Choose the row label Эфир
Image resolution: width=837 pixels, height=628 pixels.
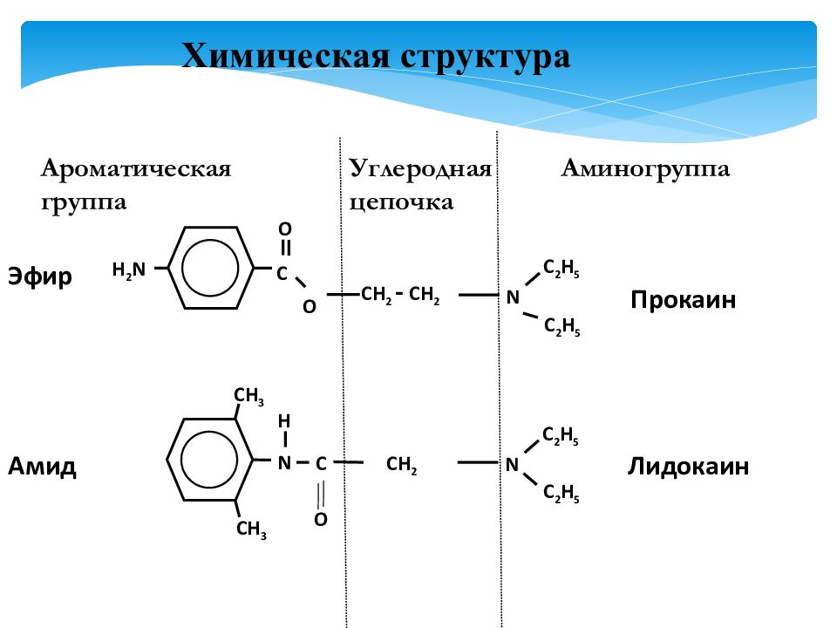[x=39, y=277]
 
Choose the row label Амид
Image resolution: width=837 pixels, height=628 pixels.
[x=42, y=466]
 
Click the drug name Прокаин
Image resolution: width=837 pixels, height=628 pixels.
[x=683, y=299]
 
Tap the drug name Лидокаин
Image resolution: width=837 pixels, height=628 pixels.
[x=688, y=466]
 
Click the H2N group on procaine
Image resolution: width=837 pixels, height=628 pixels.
[x=129, y=270]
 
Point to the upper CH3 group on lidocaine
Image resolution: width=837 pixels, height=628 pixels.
[x=248, y=396]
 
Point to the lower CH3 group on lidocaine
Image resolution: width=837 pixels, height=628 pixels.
[x=251, y=529]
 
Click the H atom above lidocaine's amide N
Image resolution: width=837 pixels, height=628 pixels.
[x=284, y=421]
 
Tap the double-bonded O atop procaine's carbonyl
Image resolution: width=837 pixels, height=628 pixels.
[x=285, y=229]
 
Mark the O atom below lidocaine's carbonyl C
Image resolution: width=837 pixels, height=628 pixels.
[x=320, y=519]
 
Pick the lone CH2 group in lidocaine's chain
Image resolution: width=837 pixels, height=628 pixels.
[x=401, y=465]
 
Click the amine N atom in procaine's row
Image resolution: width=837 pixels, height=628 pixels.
[x=513, y=297]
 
